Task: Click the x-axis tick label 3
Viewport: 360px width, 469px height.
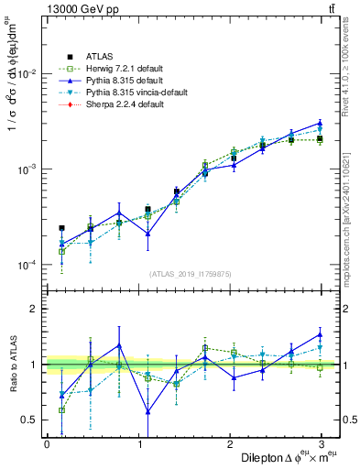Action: pyautogui.click(x=321, y=443)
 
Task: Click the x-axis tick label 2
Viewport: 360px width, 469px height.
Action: pyautogui.click(x=230, y=443)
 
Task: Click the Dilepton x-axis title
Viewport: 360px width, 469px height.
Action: pyautogui.click(x=274, y=457)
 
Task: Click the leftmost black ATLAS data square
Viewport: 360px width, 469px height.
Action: pyautogui.click(x=61, y=228)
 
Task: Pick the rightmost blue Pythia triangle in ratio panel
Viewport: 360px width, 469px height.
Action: pyautogui.click(x=320, y=333)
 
